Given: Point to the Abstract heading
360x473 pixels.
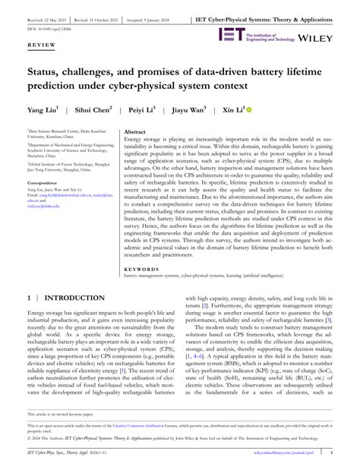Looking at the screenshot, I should (136, 131).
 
